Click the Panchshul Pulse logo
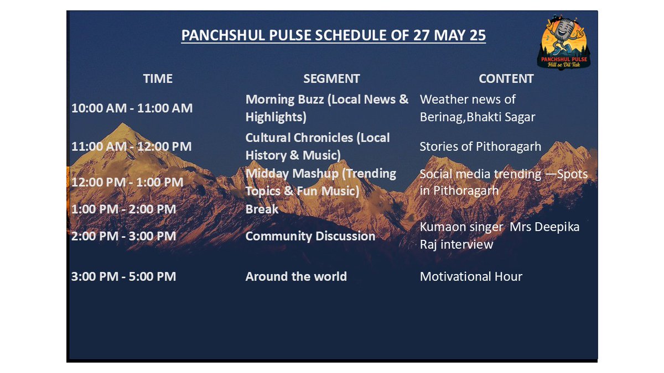(564, 43)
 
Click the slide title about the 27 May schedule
(333, 36)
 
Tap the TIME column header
(158, 78)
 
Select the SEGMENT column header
(331, 78)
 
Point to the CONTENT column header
(506, 78)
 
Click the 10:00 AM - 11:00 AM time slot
(132, 108)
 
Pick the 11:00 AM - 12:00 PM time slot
(132, 146)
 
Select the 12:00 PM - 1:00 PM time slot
(128, 182)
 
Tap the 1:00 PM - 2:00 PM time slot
(124, 209)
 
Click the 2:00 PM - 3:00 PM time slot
(124, 236)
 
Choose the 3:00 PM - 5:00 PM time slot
(124, 276)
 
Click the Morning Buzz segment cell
(327, 108)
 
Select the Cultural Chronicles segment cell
(318, 146)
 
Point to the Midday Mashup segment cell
(321, 182)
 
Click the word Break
(262, 209)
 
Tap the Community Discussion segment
(310, 236)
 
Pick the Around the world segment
(296, 276)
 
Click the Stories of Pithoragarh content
(480, 146)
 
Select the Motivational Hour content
(471, 276)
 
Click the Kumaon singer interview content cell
(499, 235)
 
